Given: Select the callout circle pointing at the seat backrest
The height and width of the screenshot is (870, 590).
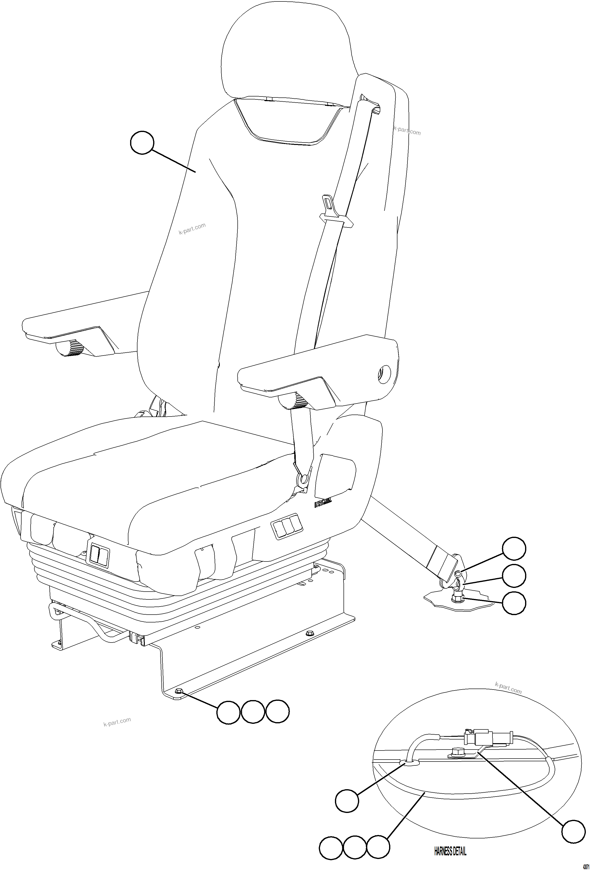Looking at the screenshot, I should click(142, 143).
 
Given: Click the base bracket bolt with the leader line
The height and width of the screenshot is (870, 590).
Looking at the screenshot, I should click(179, 691).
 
